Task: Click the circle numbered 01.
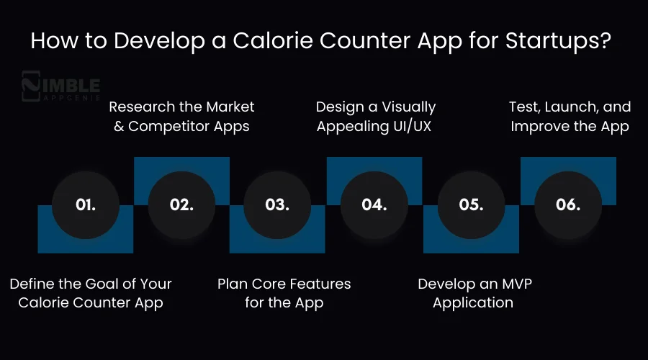pos(85,204)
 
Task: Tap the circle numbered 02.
pos(181,204)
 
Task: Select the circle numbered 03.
pos(277,204)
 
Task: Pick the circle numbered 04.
pos(374,204)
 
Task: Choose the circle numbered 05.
pos(470,204)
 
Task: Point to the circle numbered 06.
pos(567,204)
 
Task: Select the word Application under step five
pos(473,302)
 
